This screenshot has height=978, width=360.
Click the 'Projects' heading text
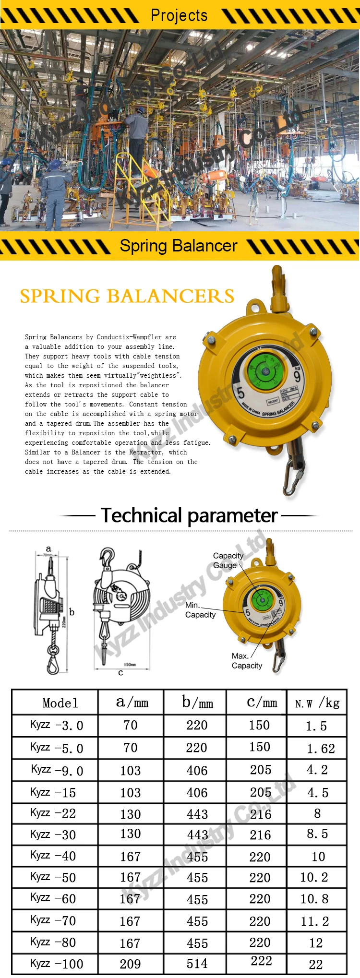coord(179,15)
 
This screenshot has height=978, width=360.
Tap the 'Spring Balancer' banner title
coord(179,246)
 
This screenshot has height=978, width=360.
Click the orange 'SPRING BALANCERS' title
coord(127,296)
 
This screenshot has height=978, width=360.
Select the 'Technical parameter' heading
coord(189,515)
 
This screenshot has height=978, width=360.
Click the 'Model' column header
coord(60,703)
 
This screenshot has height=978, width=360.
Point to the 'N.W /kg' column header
coord(317,703)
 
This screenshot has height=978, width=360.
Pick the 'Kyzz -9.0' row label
coord(57,770)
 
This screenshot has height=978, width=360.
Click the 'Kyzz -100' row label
coord(56,964)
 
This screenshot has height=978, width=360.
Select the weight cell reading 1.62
coord(321,748)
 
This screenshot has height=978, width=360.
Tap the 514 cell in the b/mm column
coord(197,964)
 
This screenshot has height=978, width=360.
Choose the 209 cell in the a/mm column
coord(130,964)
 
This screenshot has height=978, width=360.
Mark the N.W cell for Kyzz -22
coord(317,813)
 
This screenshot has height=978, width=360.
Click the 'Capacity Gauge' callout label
coord(228,561)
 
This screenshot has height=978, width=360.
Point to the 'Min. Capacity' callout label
coord(200,610)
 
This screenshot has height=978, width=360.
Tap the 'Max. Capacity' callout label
coord(247,661)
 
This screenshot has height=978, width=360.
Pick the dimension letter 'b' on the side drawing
coord(72,612)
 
